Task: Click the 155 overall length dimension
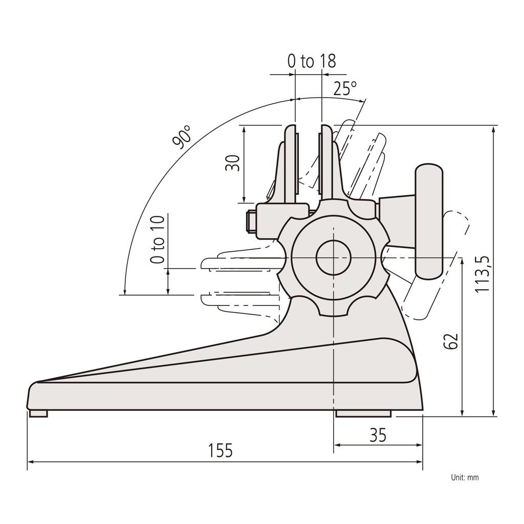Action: (x=221, y=451)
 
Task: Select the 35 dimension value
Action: (x=378, y=435)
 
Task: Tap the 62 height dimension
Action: (x=450, y=341)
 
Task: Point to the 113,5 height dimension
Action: (x=483, y=274)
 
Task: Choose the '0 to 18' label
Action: (x=312, y=61)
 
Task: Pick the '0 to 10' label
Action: (x=158, y=239)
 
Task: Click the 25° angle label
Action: (x=345, y=89)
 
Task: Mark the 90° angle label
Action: (x=183, y=136)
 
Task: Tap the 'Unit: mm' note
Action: (x=465, y=477)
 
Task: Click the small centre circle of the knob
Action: (x=333, y=258)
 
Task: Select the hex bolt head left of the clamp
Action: (x=251, y=222)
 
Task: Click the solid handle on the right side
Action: (x=428, y=221)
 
